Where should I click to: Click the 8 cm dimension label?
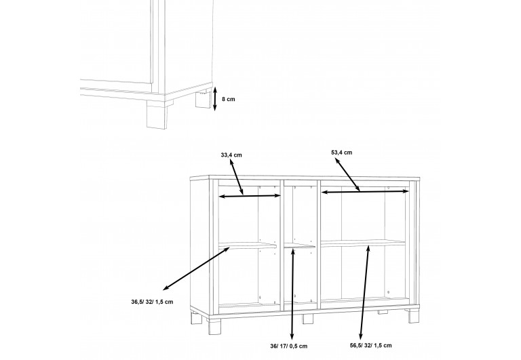point(228,99)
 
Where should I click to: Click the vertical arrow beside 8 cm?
point(214,98)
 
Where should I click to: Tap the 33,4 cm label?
point(231,155)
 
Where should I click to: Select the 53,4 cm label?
point(342,153)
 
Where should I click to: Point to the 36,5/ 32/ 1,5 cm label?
point(152,302)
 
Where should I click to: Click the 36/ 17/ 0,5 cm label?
point(288,346)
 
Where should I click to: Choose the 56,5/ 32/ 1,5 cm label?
point(370,345)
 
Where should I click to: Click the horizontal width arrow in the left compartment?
point(250,197)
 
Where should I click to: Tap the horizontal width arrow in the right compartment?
point(365,192)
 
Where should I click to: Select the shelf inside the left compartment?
point(248,245)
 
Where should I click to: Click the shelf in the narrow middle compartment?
point(299,245)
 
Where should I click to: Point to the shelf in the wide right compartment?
point(363,243)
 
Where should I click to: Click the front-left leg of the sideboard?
point(214,325)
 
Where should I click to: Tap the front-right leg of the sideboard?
point(414,315)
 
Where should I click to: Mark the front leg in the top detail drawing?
point(157,115)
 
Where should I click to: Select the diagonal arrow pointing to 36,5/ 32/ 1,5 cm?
point(196,268)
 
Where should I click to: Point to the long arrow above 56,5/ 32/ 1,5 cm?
point(365,292)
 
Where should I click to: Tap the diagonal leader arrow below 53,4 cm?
point(347,175)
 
